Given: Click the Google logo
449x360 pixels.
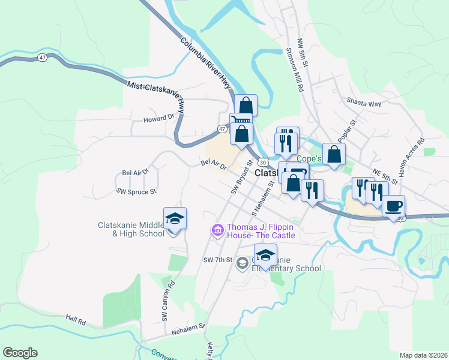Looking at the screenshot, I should coord(20,353).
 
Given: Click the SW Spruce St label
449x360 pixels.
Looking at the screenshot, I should coord(136,191).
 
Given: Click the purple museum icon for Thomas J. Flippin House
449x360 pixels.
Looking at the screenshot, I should coord(217,230).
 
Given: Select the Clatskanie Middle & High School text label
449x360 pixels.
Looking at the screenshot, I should coord(131,230).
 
